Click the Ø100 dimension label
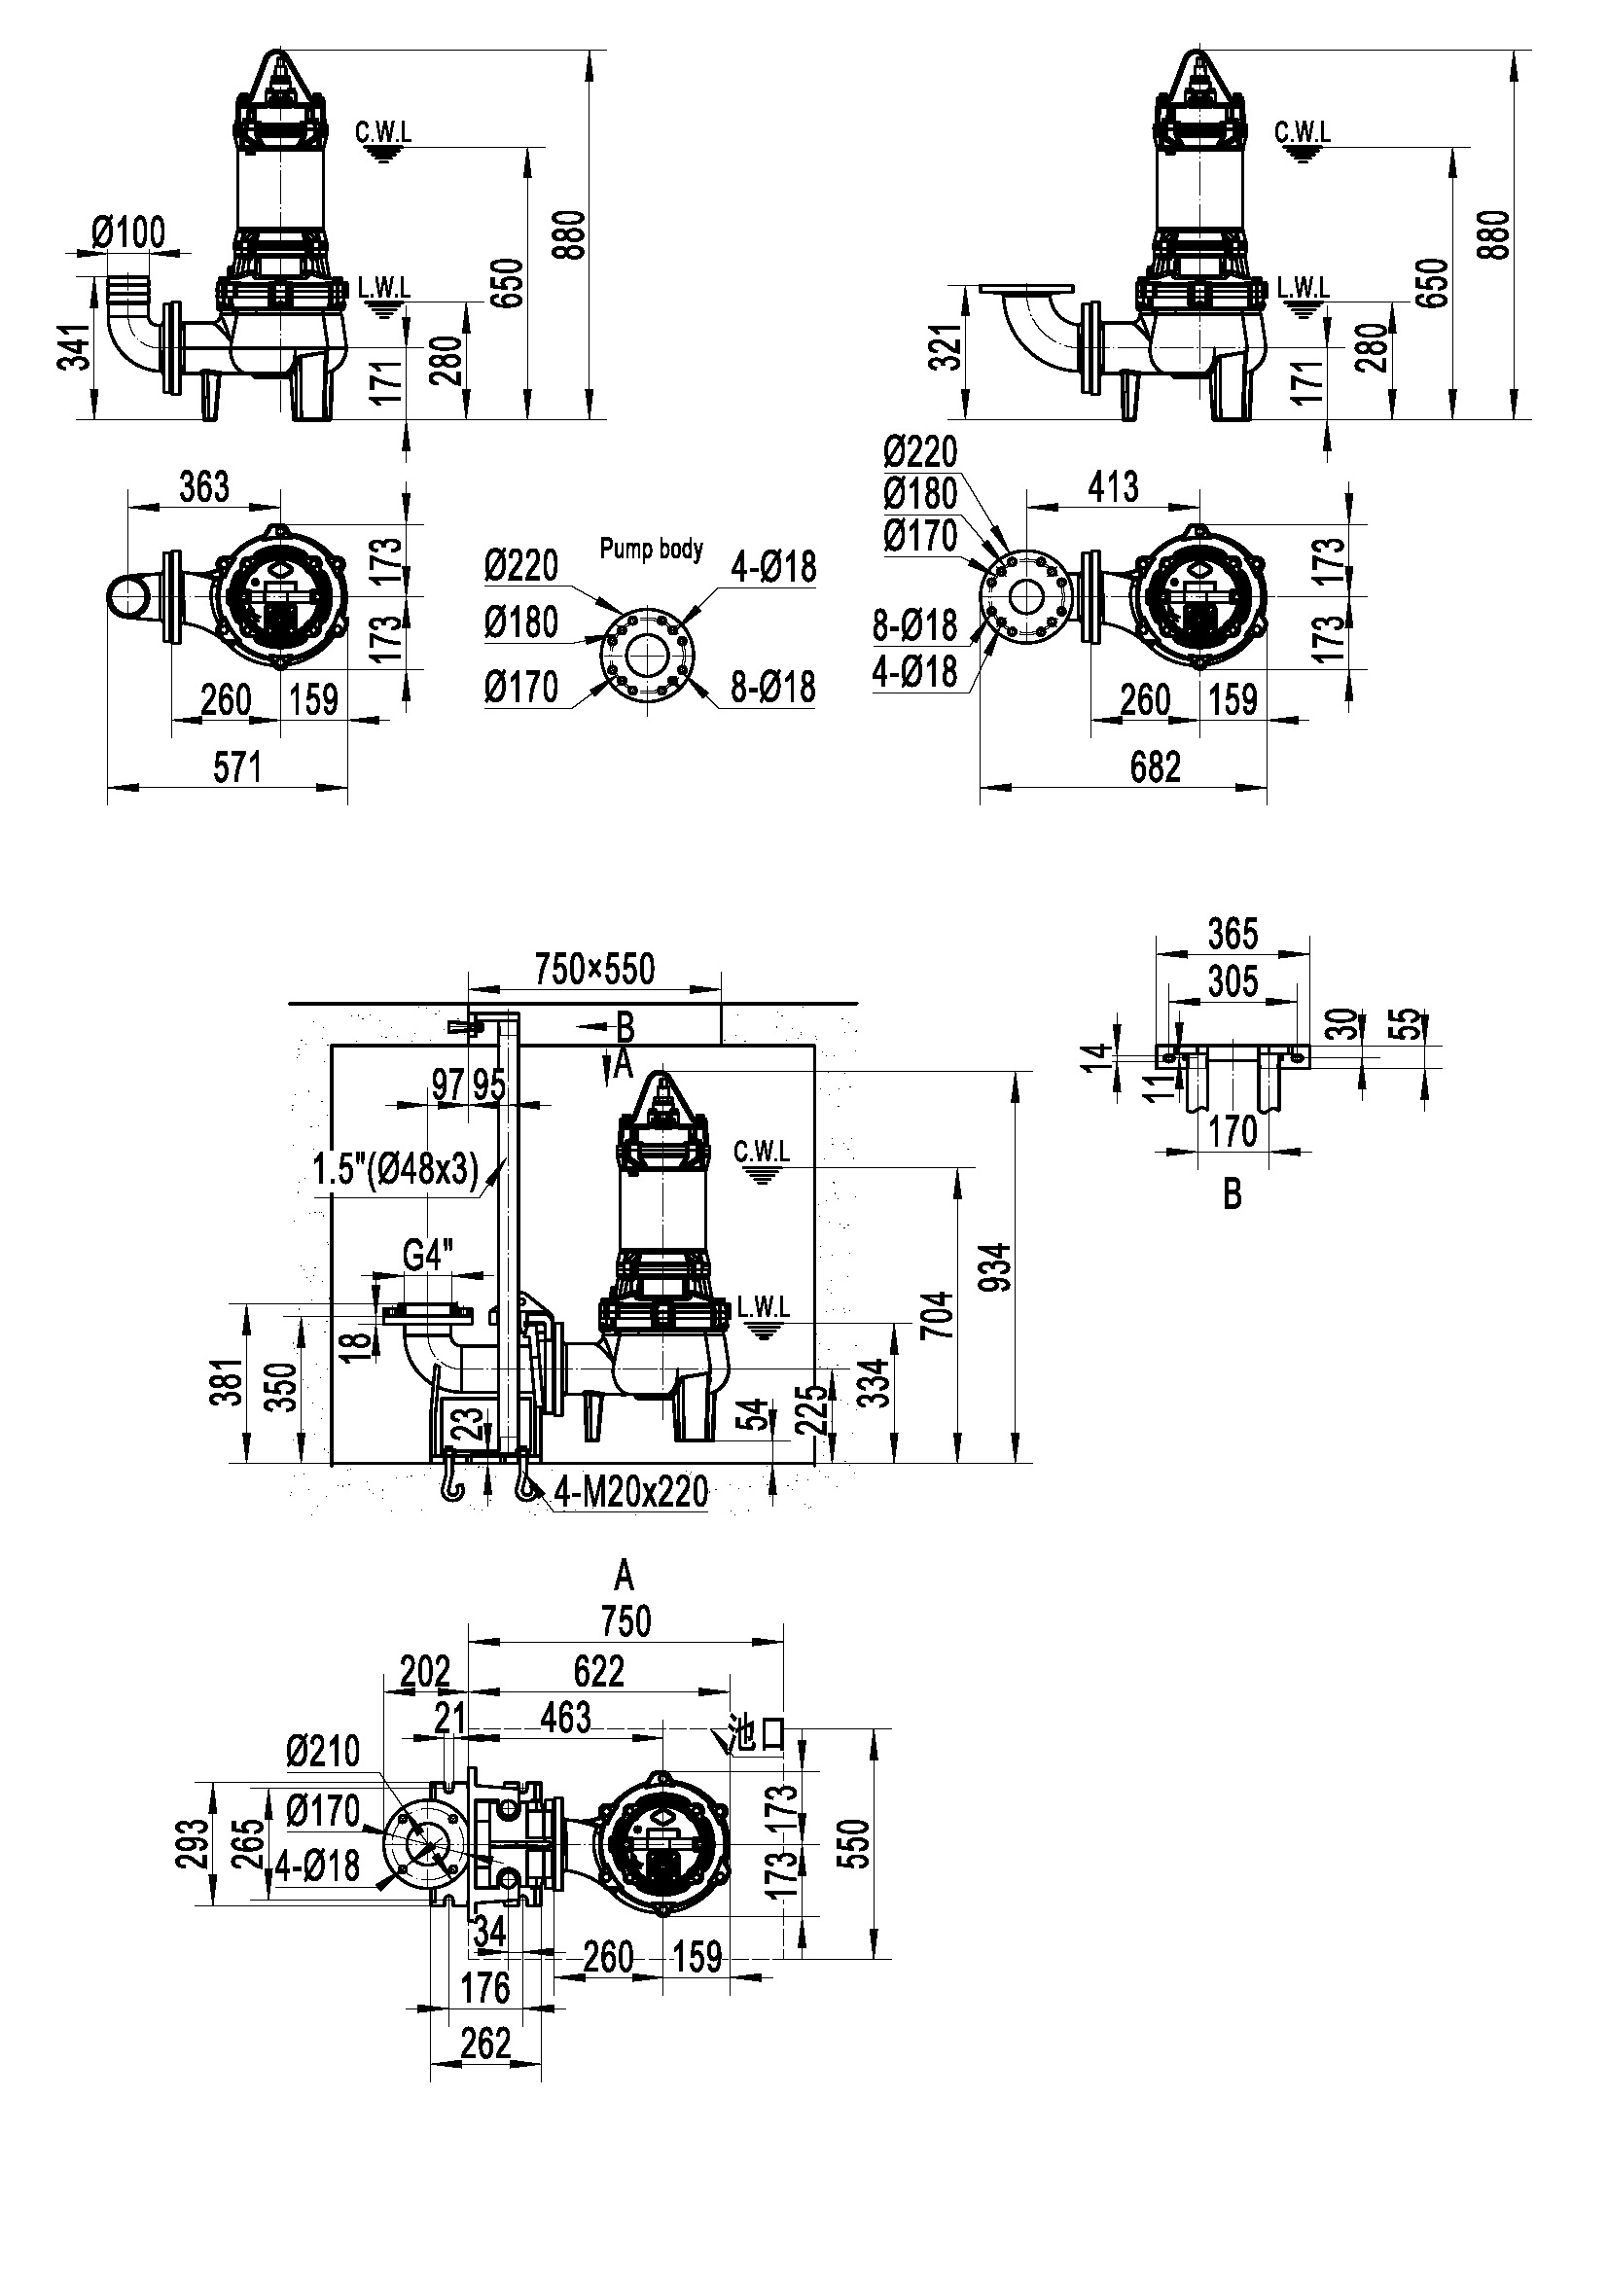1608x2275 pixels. click(x=128, y=232)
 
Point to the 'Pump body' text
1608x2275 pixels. click(x=651, y=548)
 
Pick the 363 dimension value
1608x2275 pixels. click(x=204, y=486)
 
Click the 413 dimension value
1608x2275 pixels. click(x=1113, y=486)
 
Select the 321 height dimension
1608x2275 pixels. click(x=949, y=347)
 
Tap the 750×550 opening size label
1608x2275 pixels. click(x=595, y=968)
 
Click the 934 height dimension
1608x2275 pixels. click(x=999, y=1266)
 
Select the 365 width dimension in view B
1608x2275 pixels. click(x=1233, y=934)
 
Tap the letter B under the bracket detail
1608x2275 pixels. click(x=1233, y=1195)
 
